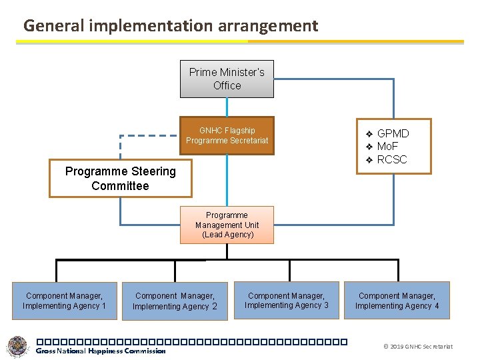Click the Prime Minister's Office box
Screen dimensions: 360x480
point(227,79)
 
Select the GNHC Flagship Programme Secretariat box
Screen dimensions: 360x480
point(227,135)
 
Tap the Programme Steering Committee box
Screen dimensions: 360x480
point(121,178)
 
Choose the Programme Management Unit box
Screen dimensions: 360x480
point(227,225)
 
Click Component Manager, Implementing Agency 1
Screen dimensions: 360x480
point(64,301)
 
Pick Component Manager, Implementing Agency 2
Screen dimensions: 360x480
point(175,301)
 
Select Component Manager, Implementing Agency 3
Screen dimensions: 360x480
point(286,301)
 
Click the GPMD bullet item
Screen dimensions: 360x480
point(393,133)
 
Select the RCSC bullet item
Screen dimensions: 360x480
point(392,159)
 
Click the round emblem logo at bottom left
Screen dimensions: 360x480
point(18,347)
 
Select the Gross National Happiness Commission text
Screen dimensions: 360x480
point(100,351)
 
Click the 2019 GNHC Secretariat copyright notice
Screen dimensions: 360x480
point(419,347)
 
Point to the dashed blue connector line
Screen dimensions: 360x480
point(150,135)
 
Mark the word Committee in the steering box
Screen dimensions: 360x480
point(121,186)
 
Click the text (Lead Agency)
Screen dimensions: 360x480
point(227,235)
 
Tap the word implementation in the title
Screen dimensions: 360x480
point(145,26)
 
